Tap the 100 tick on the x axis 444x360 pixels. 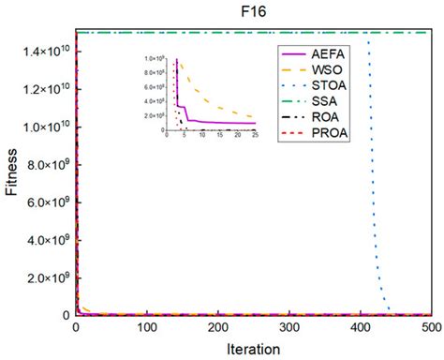coord(146,328)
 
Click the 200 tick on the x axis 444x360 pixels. coord(218,328)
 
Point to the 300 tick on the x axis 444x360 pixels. coord(289,328)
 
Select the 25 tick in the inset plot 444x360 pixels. coord(255,137)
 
